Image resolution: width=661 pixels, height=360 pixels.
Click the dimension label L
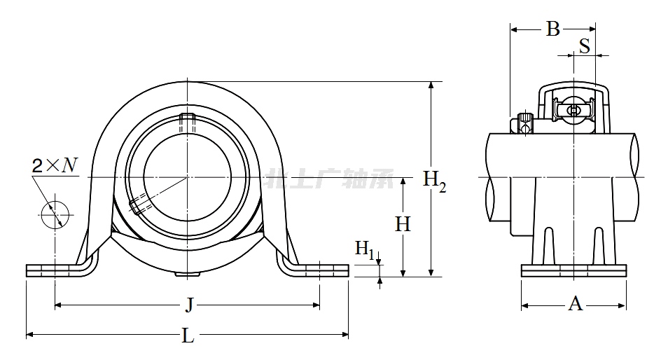[188, 336]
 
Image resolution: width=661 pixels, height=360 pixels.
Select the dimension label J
[188, 305]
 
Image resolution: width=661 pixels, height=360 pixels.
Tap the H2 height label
[434, 180]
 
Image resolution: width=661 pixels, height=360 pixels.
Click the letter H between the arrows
[403, 225]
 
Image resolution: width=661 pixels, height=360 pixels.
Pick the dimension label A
[575, 303]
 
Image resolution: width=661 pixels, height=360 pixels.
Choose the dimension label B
[552, 29]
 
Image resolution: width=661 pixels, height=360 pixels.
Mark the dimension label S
[583, 46]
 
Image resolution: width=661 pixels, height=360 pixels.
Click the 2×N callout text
[55, 165]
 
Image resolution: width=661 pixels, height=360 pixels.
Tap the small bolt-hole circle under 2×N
[55, 214]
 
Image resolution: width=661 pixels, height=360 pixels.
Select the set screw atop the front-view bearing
[187, 123]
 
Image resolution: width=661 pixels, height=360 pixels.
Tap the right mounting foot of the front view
[320, 270]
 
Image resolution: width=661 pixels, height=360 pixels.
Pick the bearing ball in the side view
[573, 110]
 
